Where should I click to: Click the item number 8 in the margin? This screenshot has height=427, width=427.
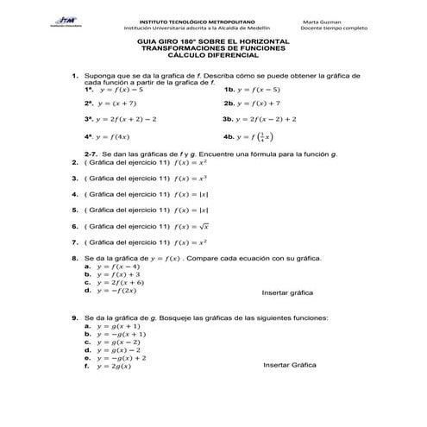click(x=75, y=258)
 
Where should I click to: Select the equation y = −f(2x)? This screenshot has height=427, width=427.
click(x=121, y=292)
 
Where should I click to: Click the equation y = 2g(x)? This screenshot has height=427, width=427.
click(x=114, y=367)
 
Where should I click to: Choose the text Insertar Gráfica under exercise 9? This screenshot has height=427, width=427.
click(x=290, y=366)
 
